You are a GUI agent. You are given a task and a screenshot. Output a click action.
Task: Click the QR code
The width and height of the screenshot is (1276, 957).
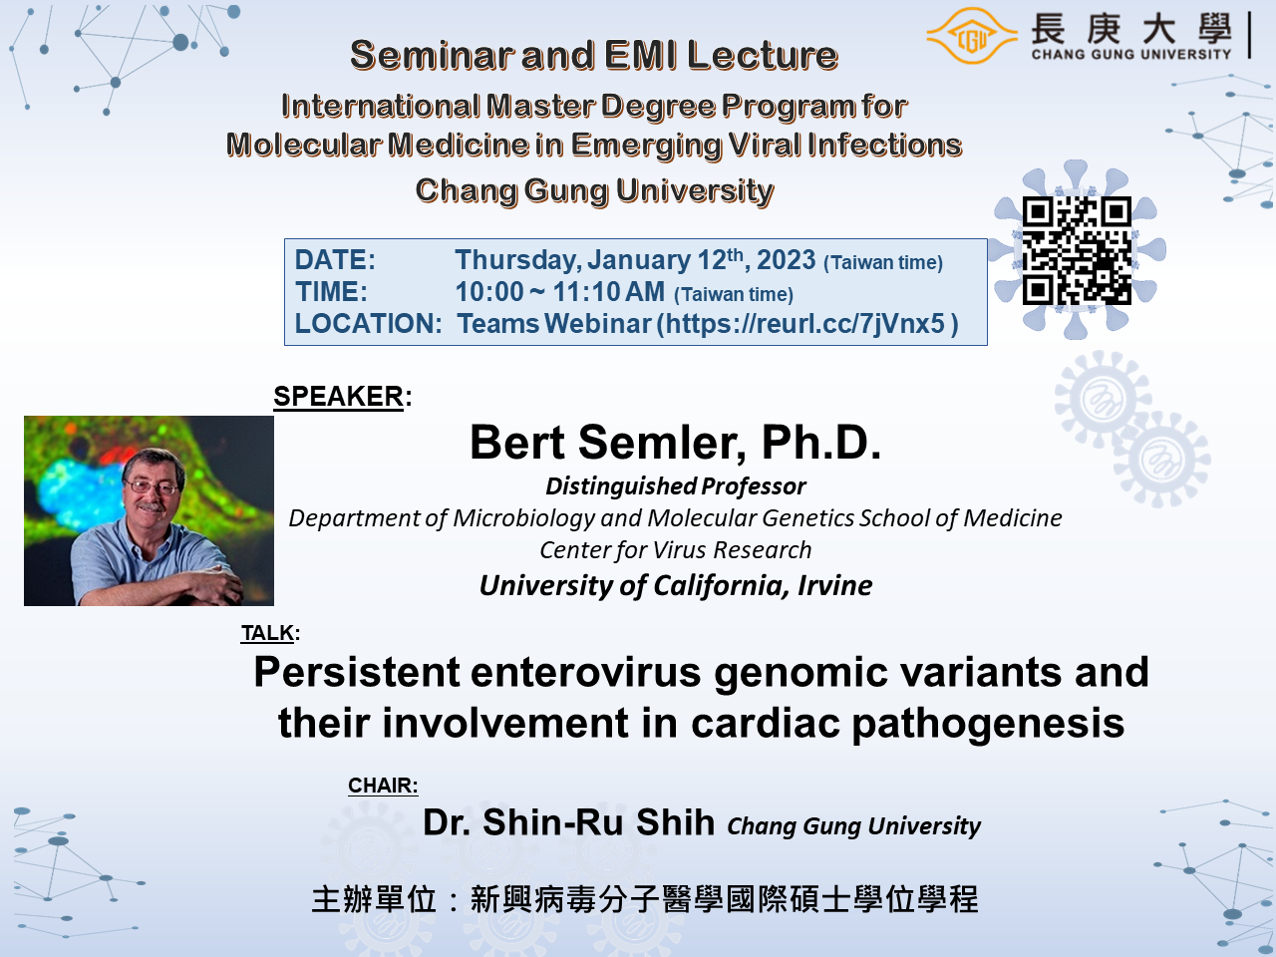[1077, 250]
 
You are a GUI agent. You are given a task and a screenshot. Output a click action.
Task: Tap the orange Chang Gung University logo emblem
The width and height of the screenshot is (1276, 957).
[971, 36]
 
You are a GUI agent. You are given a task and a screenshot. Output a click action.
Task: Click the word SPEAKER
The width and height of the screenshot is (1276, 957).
[338, 397]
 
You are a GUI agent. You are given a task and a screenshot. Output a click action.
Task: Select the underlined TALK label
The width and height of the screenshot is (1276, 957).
[267, 633]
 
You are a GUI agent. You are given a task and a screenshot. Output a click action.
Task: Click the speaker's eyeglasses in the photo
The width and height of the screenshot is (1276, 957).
[152, 486]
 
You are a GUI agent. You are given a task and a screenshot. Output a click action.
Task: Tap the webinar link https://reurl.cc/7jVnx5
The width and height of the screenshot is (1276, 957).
[805, 324]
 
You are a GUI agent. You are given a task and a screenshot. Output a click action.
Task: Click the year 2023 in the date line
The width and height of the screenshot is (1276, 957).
[786, 260]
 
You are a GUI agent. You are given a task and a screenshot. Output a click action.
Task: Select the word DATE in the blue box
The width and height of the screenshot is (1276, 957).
[332, 260]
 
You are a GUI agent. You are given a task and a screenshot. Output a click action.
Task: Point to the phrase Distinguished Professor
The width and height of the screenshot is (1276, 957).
[676, 486]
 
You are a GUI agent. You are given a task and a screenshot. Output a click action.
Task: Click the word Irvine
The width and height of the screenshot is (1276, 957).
[834, 585]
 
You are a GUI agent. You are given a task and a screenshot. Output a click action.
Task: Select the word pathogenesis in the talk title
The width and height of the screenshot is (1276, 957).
[988, 724]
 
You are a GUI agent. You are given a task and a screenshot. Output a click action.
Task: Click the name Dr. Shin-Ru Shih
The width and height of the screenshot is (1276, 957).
[568, 822]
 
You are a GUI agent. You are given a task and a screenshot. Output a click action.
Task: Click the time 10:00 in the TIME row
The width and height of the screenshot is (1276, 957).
[489, 292]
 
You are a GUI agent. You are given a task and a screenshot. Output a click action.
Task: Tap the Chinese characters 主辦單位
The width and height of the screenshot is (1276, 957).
[374, 899]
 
